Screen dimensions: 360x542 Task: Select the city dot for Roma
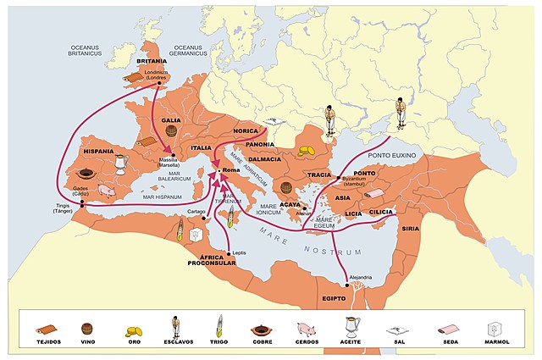point(218,170)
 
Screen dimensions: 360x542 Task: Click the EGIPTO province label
point(337,298)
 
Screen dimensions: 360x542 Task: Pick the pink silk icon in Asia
point(376,195)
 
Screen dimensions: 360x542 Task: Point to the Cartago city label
point(196,211)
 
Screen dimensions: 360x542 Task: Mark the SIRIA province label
point(411,229)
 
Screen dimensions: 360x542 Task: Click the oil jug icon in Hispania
point(121,163)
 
